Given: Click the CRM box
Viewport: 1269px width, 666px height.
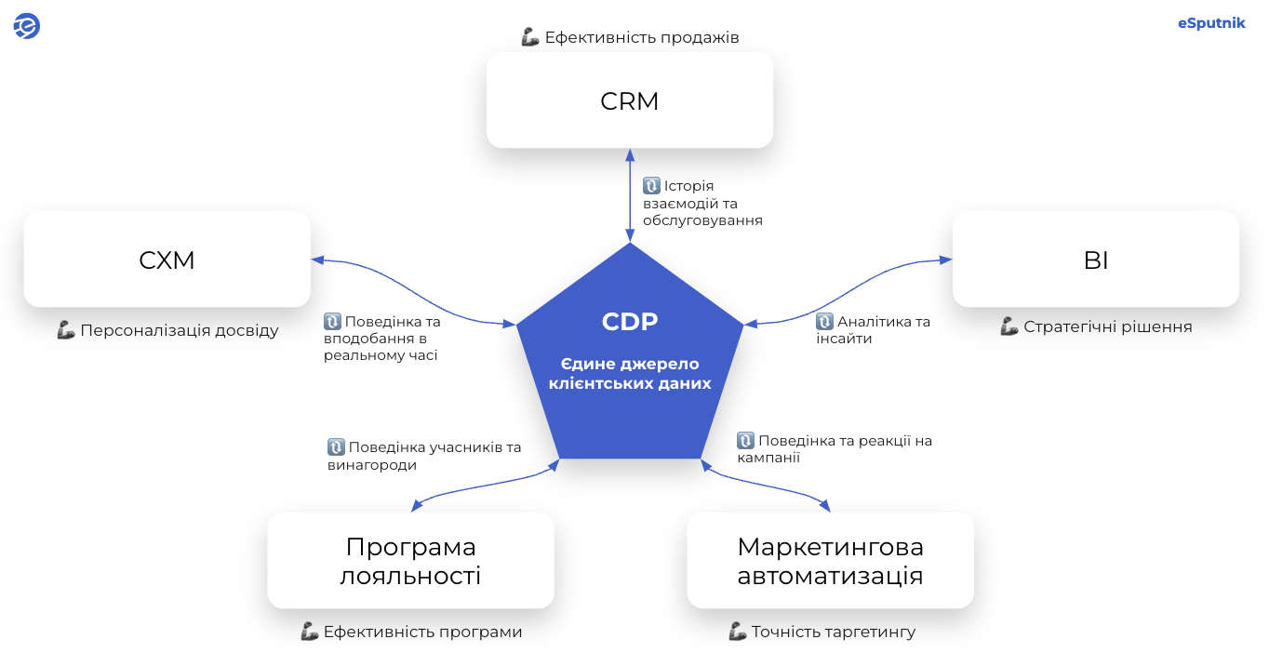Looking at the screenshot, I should [x=630, y=100].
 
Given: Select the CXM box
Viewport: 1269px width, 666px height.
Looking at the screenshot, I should [x=167, y=260].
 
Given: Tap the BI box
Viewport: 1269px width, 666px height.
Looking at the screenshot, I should [x=1095, y=260].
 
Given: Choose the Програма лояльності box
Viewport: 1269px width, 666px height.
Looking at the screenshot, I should [x=410, y=561].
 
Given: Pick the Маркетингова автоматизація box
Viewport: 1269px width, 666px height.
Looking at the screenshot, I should [x=830, y=561].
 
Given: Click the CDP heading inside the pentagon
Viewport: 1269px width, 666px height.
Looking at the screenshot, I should [x=630, y=322].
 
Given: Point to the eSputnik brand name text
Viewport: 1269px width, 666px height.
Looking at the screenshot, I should [x=1211, y=23].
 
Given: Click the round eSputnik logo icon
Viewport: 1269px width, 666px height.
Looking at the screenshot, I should [x=26, y=26].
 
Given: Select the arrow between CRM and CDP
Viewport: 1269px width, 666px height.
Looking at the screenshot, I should [x=630, y=195].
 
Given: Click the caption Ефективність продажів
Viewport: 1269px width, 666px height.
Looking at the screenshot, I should [x=642, y=38].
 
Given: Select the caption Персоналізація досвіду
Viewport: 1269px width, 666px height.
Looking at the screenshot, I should [x=179, y=330].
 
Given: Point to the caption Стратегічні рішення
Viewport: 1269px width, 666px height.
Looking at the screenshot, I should [x=1107, y=326].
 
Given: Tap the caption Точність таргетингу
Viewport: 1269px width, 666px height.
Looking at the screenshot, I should [x=834, y=632].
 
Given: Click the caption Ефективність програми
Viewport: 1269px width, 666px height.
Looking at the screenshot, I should [x=422, y=632].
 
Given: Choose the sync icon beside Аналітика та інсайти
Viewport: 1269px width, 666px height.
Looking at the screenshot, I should [x=824, y=322].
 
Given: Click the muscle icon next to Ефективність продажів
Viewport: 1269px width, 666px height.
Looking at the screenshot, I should [x=530, y=38].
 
